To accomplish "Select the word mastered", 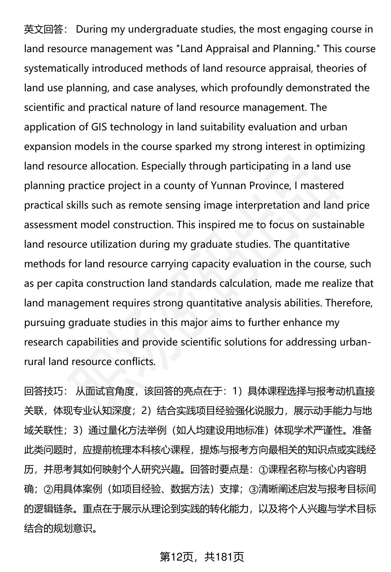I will point(322,186).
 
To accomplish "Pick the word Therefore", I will point(349,303).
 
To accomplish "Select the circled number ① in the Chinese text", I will point(263,470).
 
